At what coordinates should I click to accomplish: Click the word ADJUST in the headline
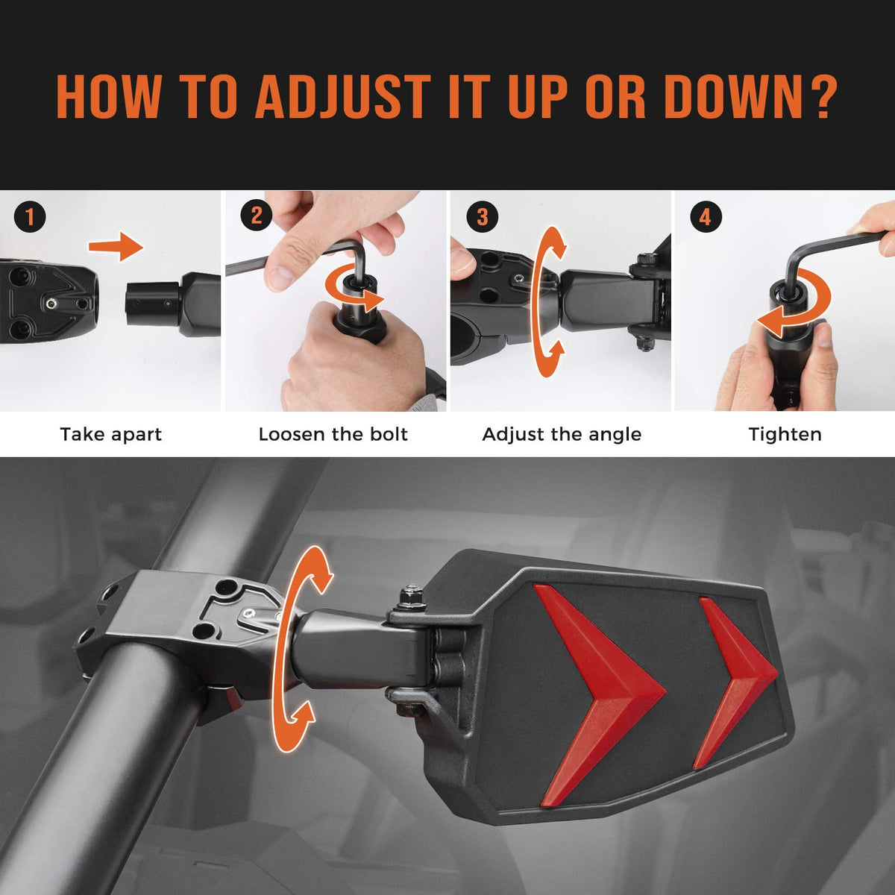343,97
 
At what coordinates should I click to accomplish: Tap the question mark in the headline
820,97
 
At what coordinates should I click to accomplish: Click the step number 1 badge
30,216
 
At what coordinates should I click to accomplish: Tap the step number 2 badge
257,216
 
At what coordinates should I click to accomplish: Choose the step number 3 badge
483,216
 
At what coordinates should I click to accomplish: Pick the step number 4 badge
706,216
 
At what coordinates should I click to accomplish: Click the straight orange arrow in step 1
116,246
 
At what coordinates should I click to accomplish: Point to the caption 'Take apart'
111,435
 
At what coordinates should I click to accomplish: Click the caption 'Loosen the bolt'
333,435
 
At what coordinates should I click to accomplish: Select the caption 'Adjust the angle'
562,435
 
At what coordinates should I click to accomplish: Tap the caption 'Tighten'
785,435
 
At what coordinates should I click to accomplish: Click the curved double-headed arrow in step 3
538,302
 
